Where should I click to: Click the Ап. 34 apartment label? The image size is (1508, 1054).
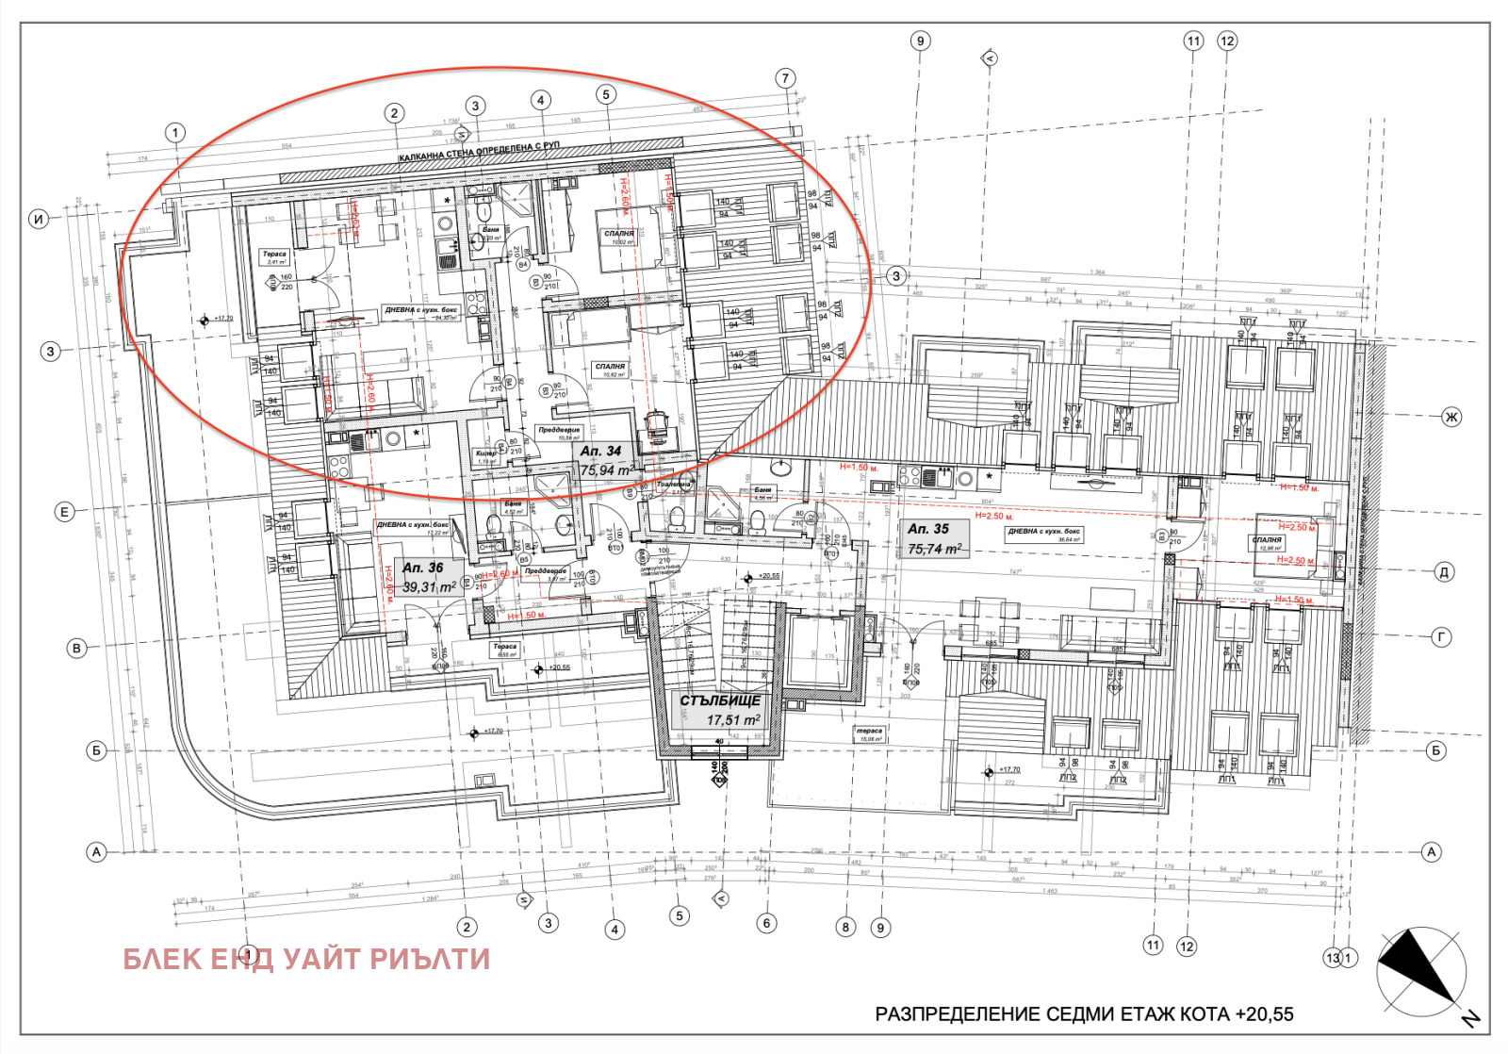[600, 451]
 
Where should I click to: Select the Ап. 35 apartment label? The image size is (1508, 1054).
[927, 529]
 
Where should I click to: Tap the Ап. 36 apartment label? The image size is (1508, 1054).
[422, 568]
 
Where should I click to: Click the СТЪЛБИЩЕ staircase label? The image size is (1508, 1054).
[720, 700]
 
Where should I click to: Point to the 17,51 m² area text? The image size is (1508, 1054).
[733, 720]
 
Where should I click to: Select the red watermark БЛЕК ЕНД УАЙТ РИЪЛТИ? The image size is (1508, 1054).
[306, 959]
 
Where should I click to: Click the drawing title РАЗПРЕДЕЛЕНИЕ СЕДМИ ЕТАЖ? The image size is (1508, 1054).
[1084, 1014]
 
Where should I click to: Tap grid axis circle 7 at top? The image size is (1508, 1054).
[786, 78]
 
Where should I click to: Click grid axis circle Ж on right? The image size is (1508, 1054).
[1451, 417]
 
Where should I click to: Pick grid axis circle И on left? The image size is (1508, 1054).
[39, 219]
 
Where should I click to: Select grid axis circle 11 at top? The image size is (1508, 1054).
[1193, 41]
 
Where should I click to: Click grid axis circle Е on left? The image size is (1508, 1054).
[64, 512]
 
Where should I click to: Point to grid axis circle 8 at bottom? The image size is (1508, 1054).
[845, 927]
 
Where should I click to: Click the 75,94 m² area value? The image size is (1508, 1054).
[605, 470]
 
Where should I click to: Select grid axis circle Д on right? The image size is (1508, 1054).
[1444, 572]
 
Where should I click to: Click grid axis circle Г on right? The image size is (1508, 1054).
[1442, 637]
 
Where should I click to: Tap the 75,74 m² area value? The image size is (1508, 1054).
[934, 549]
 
